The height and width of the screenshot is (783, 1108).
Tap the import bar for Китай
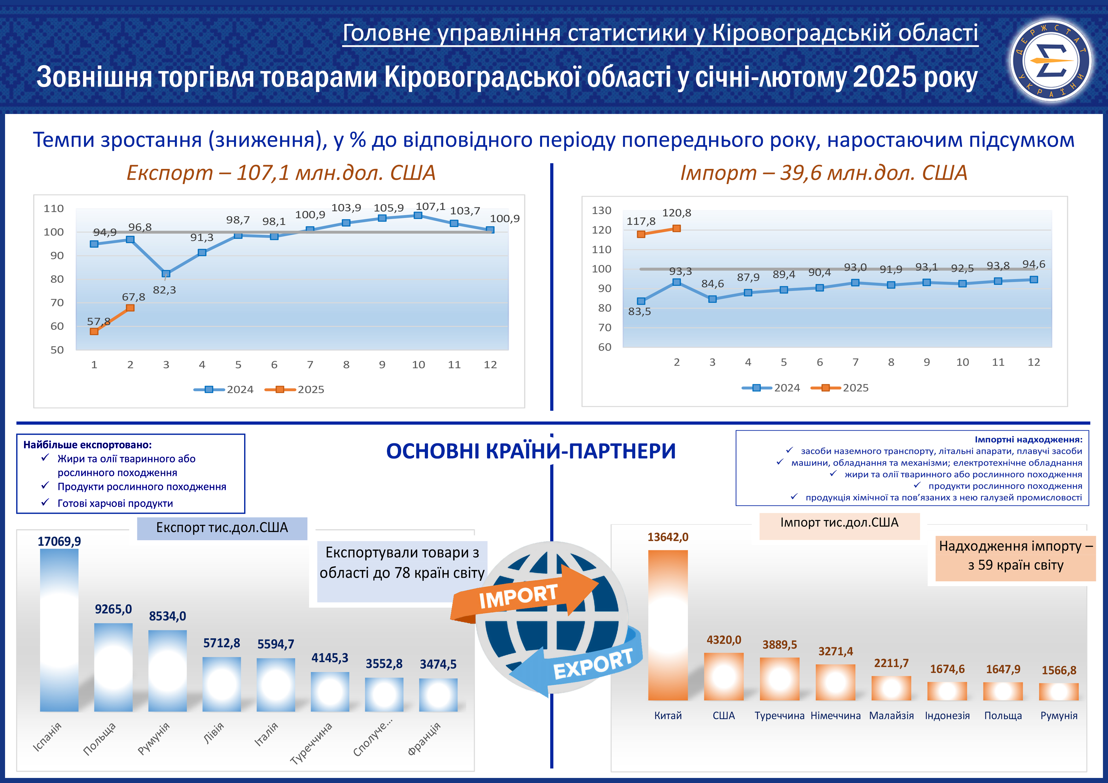point(668,625)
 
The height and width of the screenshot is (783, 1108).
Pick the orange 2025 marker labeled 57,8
point(94,332)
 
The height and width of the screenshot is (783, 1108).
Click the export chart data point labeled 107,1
point(418,215)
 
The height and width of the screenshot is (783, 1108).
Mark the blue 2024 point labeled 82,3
point(166,273)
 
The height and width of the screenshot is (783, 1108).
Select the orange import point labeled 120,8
point(677,228)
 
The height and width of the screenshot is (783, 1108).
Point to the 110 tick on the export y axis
point(54,208)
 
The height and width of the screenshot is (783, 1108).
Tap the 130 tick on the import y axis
point(601,210)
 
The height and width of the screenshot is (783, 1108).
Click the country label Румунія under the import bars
point(1059,715)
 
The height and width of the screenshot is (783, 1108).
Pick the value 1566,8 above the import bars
point(1059,670)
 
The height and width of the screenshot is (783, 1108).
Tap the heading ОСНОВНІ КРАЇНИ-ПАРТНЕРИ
point(531,451)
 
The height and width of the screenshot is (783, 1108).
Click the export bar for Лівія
point(221,684)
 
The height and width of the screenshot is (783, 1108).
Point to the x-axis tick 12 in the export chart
point(490,365)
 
